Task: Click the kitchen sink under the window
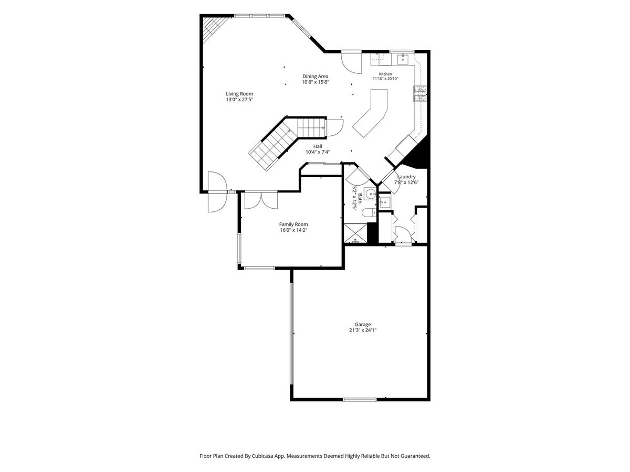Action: (403, 59)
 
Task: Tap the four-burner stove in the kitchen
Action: (420, 94)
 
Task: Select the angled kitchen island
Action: (370, 113)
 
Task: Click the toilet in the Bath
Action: (369, 212)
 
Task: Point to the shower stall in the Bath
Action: (355, 233)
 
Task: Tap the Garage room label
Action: (362, 324)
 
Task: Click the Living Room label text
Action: (239, 94)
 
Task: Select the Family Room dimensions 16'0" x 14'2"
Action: (293, 230)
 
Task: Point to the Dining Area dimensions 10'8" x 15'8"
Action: (315, 82)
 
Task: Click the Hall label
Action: (318, 146)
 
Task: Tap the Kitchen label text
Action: (385, 74)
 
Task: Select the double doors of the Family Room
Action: (261, 200)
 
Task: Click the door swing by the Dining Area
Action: (351, 62)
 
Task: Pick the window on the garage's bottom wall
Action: (360, 399)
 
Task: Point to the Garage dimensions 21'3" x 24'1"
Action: (362, 330)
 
